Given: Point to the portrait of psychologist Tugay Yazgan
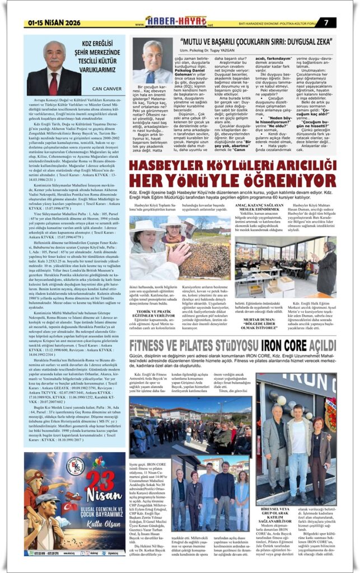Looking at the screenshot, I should pyautogui.click(x=152, y=62).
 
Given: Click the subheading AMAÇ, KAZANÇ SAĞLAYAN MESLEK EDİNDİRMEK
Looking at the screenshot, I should pyautogui.click(x=261, y=209).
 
